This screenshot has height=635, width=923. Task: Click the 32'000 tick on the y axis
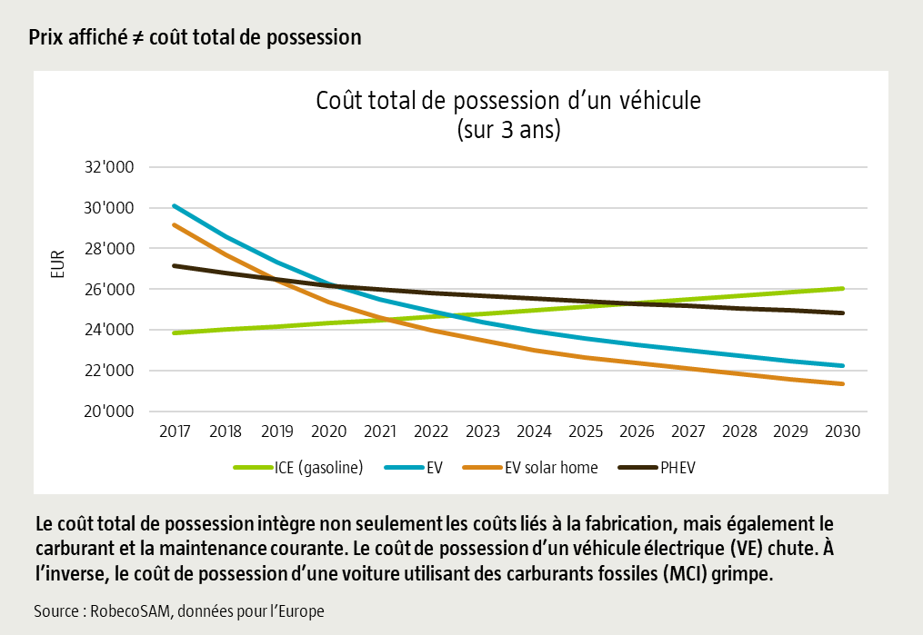109,167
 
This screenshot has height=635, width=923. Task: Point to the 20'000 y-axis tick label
109,412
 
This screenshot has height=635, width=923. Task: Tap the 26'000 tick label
109,290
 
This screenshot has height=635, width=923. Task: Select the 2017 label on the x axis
174,432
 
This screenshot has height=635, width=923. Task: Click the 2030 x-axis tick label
842,432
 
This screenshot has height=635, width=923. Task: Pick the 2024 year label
534,432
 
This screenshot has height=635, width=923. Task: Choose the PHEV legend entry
677,468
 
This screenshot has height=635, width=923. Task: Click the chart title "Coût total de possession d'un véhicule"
508,100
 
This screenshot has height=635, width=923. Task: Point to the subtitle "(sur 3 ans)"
508,129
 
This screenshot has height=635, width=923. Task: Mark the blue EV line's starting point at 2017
174,205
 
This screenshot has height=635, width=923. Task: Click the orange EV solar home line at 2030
842,383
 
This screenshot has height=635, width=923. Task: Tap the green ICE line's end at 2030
842,289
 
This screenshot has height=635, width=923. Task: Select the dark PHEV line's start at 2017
174,265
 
